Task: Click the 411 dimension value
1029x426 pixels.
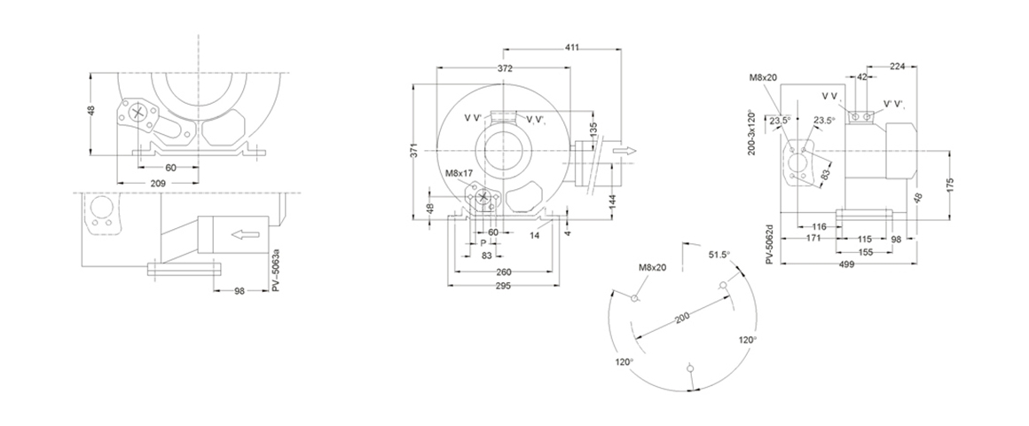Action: (573, 47)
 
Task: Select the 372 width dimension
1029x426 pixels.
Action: (505, 67)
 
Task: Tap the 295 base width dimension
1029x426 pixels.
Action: (503, 286)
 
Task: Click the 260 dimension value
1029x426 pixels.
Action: (503, 272)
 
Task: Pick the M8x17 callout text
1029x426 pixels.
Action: (459, 174)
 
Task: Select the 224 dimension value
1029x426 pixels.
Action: (898, 66)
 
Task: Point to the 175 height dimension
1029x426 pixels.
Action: (949, 185)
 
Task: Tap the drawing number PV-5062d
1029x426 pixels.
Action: (771, 243)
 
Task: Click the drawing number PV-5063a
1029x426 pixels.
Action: (276, 271)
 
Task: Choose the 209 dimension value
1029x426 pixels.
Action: (158, 183)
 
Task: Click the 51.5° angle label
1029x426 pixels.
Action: (719, 255)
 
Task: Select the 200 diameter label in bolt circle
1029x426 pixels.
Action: (683, 319)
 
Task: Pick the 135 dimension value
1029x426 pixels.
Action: (594, 130)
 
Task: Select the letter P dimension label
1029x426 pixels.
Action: (483, 243)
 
